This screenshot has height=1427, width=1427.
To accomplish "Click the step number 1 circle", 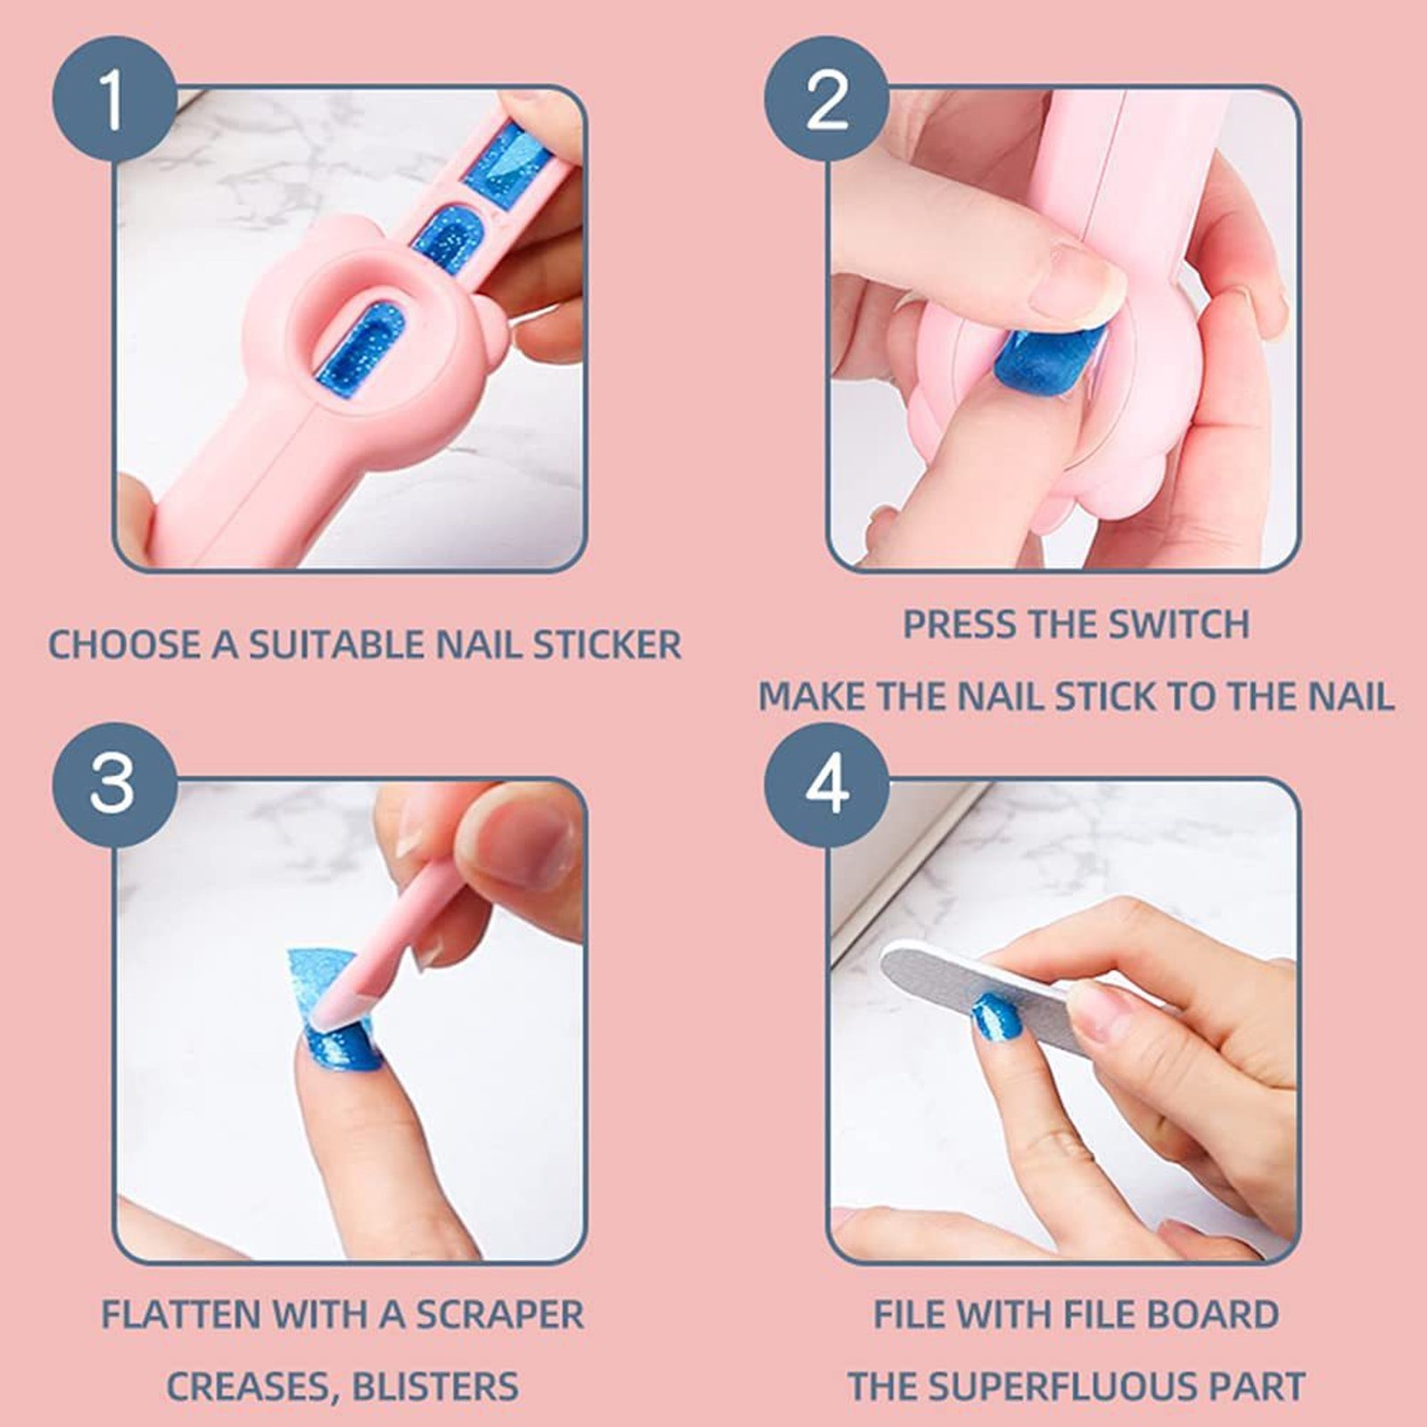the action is click(112, 99).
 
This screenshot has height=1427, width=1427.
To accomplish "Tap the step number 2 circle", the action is click(827, 99).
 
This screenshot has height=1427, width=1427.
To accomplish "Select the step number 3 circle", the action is click(112, 785).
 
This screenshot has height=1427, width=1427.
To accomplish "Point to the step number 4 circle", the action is click(827, 785).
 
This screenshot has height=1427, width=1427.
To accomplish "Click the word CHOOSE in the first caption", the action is click(124, 645).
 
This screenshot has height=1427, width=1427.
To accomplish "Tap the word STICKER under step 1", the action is click(607, 645).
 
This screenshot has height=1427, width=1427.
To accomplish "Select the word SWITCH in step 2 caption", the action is click(1177, 624).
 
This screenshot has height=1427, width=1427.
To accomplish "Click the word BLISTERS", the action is click(435, 1387).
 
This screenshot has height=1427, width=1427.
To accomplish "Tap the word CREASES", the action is click(252, 1388).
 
